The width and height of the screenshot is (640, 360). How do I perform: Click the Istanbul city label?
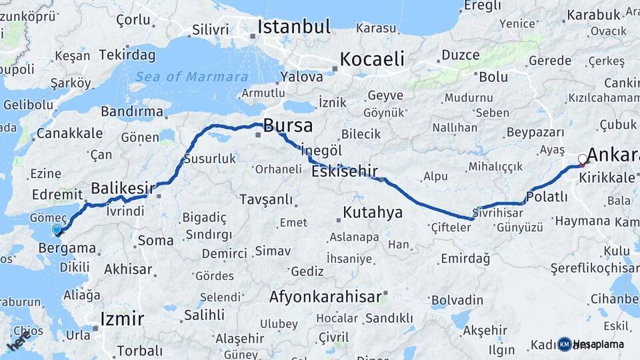coord(294,27)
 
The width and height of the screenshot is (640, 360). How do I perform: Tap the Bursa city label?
coord(288,125)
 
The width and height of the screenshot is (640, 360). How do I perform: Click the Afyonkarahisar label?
coord(325,296)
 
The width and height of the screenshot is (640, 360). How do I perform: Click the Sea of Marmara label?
coord(191,77)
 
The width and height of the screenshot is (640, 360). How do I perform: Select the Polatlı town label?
coord(547,197)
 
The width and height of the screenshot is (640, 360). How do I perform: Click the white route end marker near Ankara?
coord(583,159)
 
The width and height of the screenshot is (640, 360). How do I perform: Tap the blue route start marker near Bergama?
coord(57,230)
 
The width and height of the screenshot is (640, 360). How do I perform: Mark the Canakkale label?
coord(60,133)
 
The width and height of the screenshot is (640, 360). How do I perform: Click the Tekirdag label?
coord(128,55)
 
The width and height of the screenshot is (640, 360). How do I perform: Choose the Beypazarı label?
coord(535,132)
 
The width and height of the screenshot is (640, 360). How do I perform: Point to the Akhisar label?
coord(128,269)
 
